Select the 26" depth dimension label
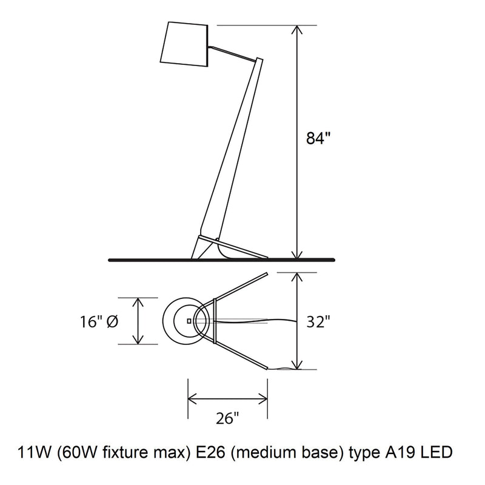(228, 418)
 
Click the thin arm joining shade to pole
(233, 53)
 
